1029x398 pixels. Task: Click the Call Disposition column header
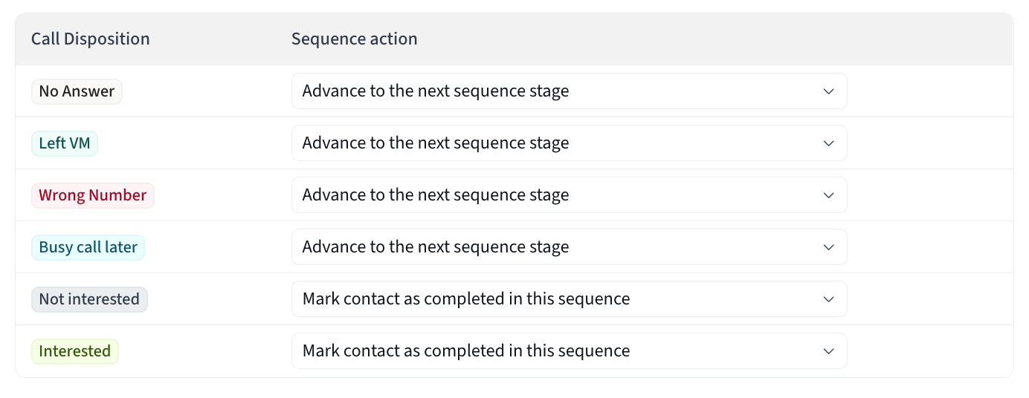pyautogui.click(x=91, y=39)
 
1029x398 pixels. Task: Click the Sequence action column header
pyautogui.click(x=354, y=39)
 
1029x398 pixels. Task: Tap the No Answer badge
pyautogui.click(x=77, y=91)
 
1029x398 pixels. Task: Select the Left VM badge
pyautogui.click(x=64, y=143)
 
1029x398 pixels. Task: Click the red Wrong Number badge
pyautogui.click(x=93, y=195)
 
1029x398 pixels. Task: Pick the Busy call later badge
pyautogui.click(x=88, y=247)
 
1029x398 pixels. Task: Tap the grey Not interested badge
pyautogui.click(x=89, y=299)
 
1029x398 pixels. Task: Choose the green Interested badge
pyautogui.click(x=75, y=351)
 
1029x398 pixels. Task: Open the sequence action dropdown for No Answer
pyautogui.click(x=570, y=91)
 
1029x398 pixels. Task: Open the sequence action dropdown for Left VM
pyautogui.click(x=570, y=143)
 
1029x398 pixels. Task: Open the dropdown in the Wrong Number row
pyautogui.click(x=570, y=195)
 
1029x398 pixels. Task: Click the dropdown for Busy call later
pyautogui.click(x=570, y=247)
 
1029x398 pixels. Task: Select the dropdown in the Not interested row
pyautogui.click(x=570, y=299)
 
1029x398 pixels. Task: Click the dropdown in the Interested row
pyautogui.click(x=570, y=351)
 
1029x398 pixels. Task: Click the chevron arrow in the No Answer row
pyautogui.click(x=829, y=92)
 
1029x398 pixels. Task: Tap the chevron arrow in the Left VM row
pyautogui.click(x=829, y=143)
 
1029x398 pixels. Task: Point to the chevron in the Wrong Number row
pyautogui.click(x=829, y=195)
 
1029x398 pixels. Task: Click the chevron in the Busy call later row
pyautogui.click(x=829, y=247)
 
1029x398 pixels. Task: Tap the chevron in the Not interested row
pyautogui.click(x=829, y=299)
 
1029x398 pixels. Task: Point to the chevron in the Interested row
pyautogui.click(x=829, y=352)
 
